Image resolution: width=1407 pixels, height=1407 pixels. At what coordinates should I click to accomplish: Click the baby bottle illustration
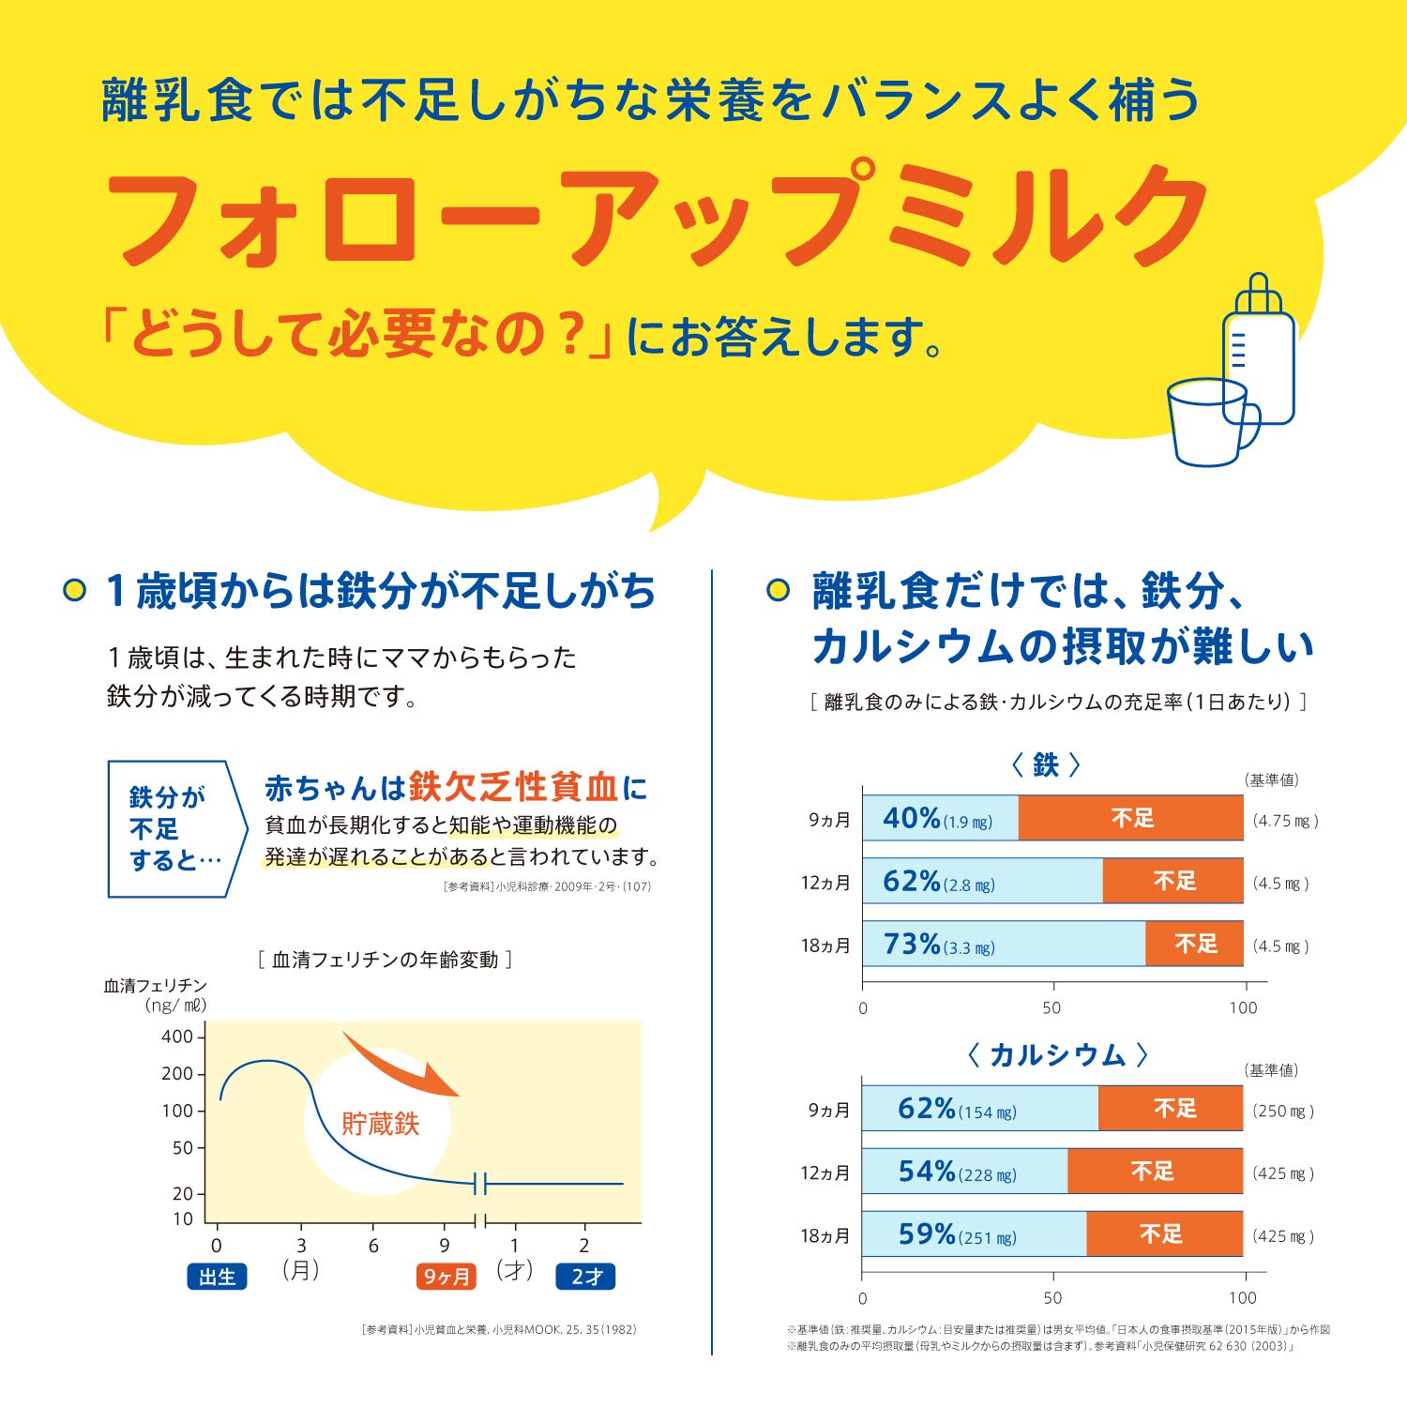pos(1259,352)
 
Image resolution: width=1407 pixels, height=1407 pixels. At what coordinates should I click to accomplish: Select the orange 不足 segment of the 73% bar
pos(1194,944)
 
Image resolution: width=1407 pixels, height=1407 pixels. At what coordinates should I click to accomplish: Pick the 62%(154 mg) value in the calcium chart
pos(956,1109)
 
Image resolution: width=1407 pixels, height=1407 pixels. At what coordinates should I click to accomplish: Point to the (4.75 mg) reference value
pos(1285,821)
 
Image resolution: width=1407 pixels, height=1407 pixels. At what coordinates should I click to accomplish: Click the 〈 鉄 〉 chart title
pos(1046,765)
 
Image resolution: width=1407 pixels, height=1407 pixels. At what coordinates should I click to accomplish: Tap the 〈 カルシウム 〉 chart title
pos(1057,1055)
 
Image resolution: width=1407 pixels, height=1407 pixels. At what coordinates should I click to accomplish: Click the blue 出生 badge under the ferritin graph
pos(217,1277)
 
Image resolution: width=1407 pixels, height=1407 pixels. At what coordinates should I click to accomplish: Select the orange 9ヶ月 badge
pos(446,1277)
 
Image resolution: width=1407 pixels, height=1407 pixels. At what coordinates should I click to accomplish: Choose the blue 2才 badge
pos(586,1277)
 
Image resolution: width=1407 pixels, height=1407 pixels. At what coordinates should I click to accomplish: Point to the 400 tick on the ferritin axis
pos(177,1036)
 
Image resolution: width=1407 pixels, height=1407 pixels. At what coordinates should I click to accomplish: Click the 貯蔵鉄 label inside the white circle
pos(380,1124)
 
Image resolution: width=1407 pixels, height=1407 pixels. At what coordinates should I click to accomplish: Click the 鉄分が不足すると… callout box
pos(174,828)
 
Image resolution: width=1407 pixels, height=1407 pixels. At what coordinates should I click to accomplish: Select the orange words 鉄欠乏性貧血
pos(513,787)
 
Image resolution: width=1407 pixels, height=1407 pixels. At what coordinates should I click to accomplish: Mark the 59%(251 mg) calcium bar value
pos(957,1234)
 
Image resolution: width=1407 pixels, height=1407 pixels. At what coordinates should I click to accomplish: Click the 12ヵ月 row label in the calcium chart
pos(825,1172)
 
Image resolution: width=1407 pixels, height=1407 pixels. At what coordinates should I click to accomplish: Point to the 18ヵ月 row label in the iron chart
pos(825,946)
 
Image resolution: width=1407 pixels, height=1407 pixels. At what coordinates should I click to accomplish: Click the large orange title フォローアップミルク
pos(657,218)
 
